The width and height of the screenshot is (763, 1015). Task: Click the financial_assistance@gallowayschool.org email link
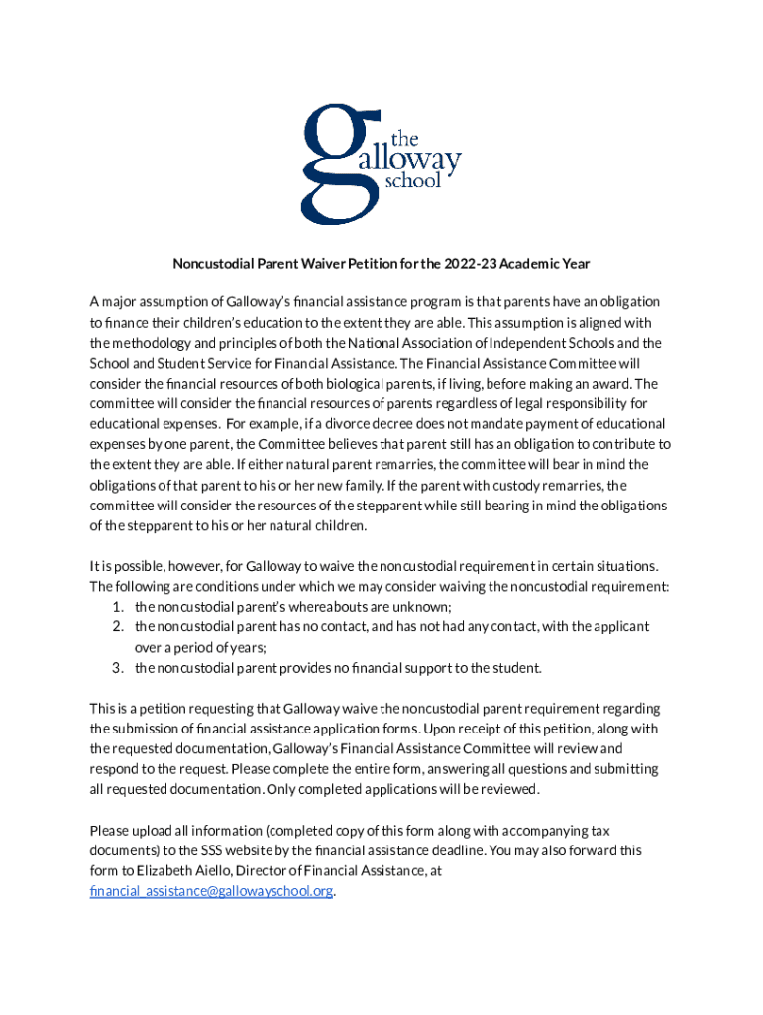coord(211,891)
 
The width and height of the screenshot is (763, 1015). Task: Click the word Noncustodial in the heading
coord(214,264)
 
